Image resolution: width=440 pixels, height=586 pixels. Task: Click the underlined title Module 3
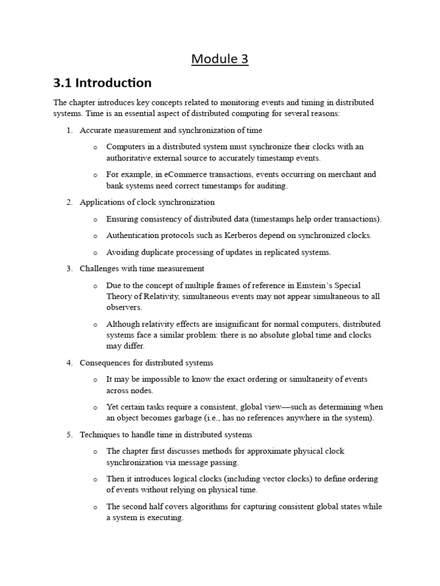pos(220,58)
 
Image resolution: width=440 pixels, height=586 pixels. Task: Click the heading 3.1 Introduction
pos(103,83)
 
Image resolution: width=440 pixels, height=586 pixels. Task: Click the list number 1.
pos(69,130)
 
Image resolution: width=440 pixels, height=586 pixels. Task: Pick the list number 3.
pos(69,268)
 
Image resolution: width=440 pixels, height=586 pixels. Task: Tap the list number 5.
pos(69,435)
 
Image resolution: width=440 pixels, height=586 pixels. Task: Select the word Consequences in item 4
pos(104,363)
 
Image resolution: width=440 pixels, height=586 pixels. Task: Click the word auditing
pos(272,185)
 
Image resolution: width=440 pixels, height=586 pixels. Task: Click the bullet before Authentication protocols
pos(95,236)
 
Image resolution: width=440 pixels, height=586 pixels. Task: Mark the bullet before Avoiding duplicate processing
pos(95,252)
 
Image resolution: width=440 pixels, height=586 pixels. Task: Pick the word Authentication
pos(132,235)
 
